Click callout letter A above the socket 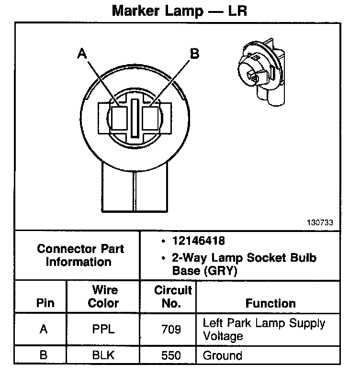tap(82, 54)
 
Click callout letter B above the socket tap(194, 54)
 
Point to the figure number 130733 tap(320, 223)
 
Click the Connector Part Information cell tap(80, 255)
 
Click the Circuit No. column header tap(173, 297)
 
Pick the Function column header tap(270, 303)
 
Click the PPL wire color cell tap(103, 329)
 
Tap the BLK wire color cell tap(103, 355)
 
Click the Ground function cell tap(223, 355)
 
